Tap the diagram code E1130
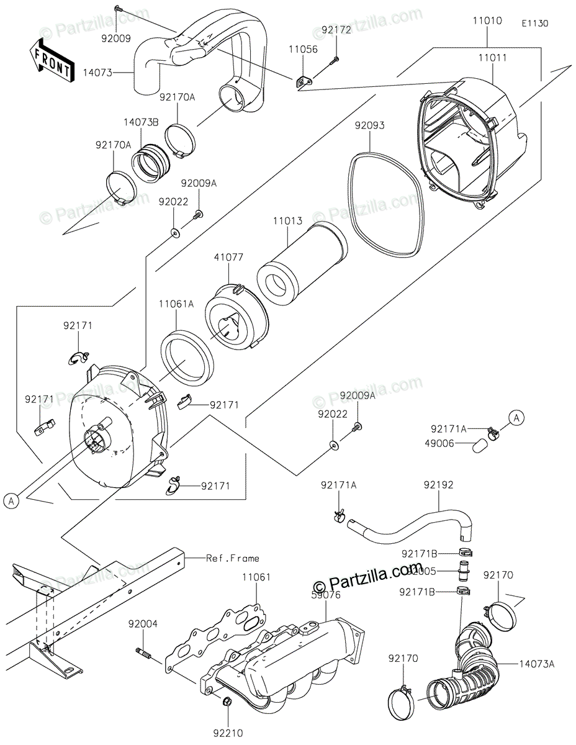pos(534,24)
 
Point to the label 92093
pos(369,126)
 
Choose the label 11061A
pos(176,304)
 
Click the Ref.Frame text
pos(233,558)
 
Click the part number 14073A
pos(537,664)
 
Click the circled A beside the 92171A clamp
pos(515,419)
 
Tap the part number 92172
pos(336,29)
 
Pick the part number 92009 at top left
pos(117,38)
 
